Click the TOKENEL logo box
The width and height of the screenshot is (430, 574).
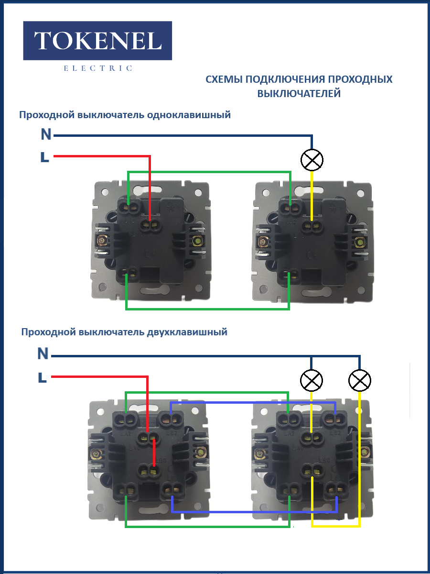(97, 41)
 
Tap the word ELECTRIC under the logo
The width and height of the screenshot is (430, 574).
(97, 68)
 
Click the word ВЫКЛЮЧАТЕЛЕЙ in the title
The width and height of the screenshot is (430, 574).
(299, 93)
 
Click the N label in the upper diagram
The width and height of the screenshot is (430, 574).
(46, 135)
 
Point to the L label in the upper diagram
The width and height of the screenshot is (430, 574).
(45, 157)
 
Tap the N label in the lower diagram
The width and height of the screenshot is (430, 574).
(43, 354)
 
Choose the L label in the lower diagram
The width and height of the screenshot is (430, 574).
(42, 378)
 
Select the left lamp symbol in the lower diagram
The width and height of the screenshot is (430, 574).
(312, 381)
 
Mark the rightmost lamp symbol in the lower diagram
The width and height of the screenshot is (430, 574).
(360, 381)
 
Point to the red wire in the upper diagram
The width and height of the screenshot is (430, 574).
(105, 156)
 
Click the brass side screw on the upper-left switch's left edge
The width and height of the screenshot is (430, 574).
(101, 241)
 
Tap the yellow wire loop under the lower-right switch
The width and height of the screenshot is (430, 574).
(334, 526)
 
